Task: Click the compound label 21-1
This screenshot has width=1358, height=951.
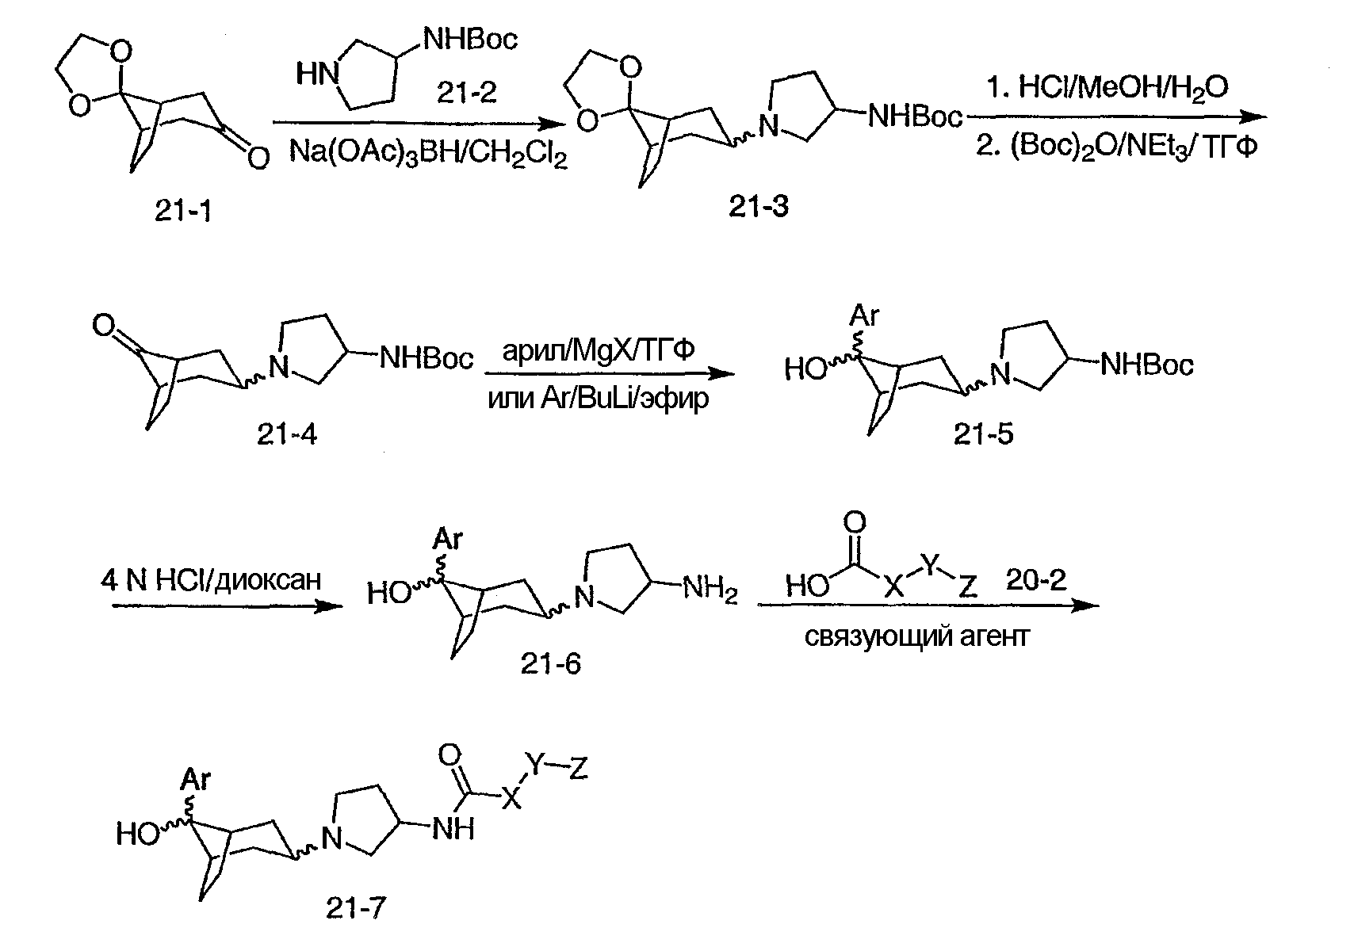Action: click(183, 211)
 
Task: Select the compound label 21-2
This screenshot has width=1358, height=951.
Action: click(466, 94)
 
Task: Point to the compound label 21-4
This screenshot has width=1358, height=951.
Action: click(287, 433)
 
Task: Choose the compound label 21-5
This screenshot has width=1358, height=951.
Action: click(983, 433)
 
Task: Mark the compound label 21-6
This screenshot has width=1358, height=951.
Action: click(550, 663)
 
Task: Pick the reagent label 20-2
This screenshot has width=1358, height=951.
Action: click(1036, 580)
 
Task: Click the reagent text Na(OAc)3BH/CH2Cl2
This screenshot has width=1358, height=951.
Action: click(428, 152)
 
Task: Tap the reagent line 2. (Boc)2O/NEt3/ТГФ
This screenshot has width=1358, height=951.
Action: click(1117, 147)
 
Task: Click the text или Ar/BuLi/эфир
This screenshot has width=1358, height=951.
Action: click(599, 398)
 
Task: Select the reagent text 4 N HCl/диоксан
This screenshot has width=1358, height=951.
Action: click(212, 580)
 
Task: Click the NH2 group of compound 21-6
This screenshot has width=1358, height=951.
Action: click(710, 590)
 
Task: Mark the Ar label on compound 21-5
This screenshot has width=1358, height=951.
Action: click(864, 316)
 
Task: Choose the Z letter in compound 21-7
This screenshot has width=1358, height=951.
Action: click(578, 769)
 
